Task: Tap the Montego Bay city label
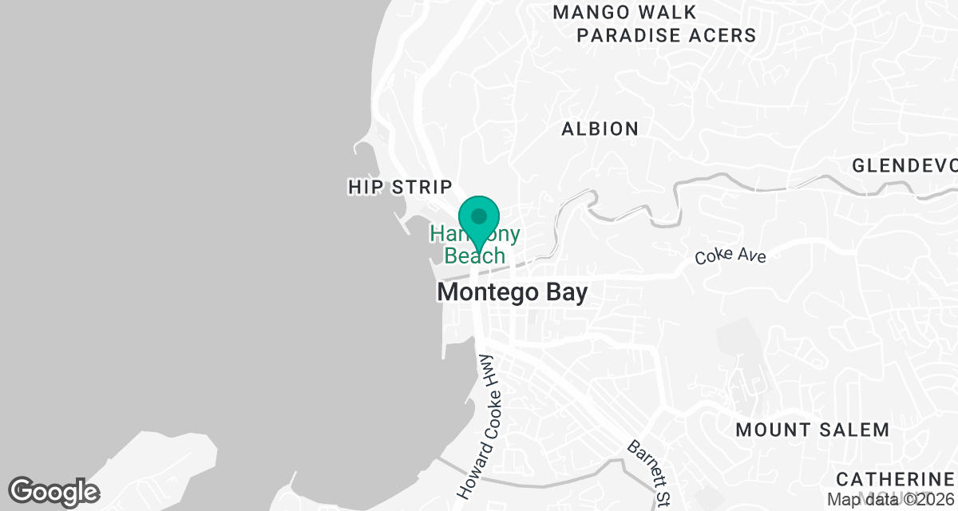512,292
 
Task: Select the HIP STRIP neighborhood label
400,187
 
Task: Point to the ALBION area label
600,129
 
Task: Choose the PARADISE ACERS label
666,35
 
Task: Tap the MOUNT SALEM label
812,430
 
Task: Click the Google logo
53,491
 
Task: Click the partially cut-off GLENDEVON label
905,166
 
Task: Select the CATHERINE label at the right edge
897,479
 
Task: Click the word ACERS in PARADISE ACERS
722,35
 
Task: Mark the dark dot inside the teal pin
479,216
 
